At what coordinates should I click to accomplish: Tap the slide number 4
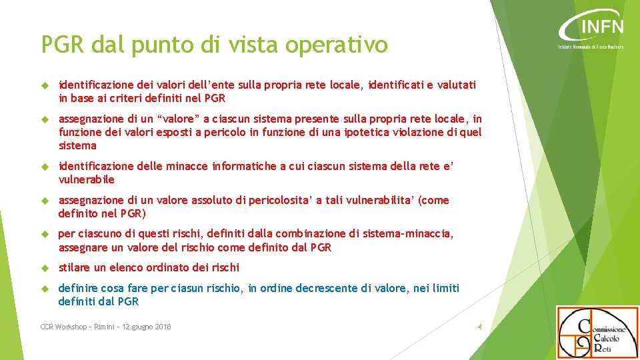coord(479,327)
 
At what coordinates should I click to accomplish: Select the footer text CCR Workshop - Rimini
coord(77,327)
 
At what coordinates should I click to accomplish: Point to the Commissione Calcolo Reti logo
coord(597,332)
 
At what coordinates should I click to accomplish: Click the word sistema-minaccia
coord(411,233)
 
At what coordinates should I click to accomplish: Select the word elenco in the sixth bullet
coord(127,267)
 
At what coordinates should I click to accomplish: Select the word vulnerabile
coord(87,179)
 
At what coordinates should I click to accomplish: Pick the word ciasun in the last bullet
coord(188,288)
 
